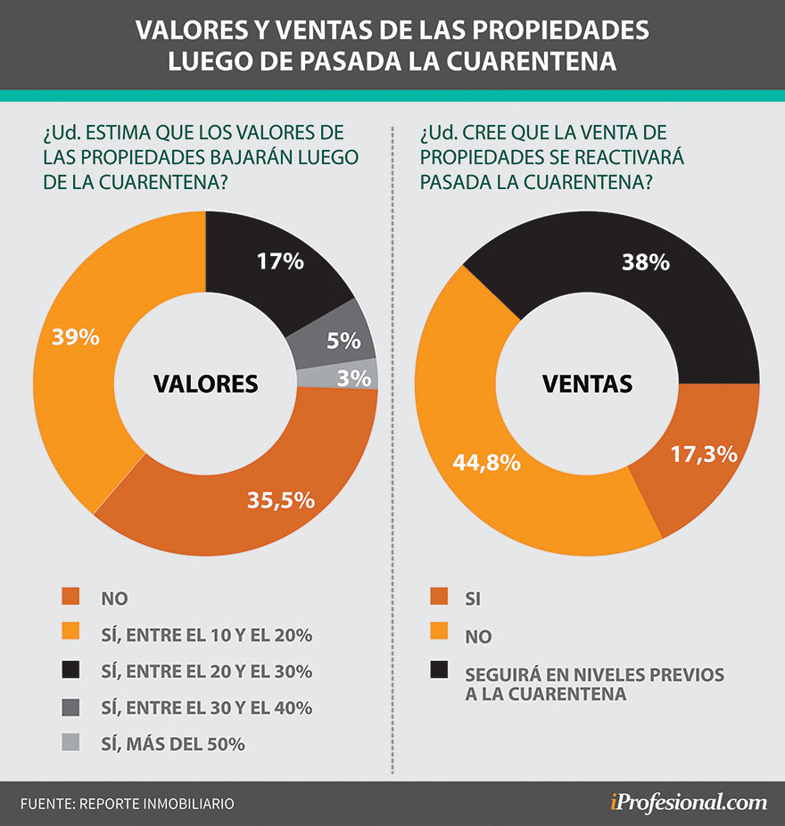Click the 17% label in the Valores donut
(x=281, y=261)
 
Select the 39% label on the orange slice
(x=75, y=337)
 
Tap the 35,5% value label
(x=281, y=500)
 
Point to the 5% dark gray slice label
(x=343, y=340)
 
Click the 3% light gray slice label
(x=354, y=378)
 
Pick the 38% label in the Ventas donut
(x=646, y=262)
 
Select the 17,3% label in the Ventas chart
(x=705, y=453)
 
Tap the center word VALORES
(x=205, y=384)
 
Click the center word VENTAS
(x=587, y=384)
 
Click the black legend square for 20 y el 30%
(x=71, y=672)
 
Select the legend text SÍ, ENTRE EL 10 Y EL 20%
(x=207, y=635)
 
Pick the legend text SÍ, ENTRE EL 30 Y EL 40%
(x=207, y=708)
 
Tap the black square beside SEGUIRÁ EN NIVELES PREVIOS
(x=439, y=670)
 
